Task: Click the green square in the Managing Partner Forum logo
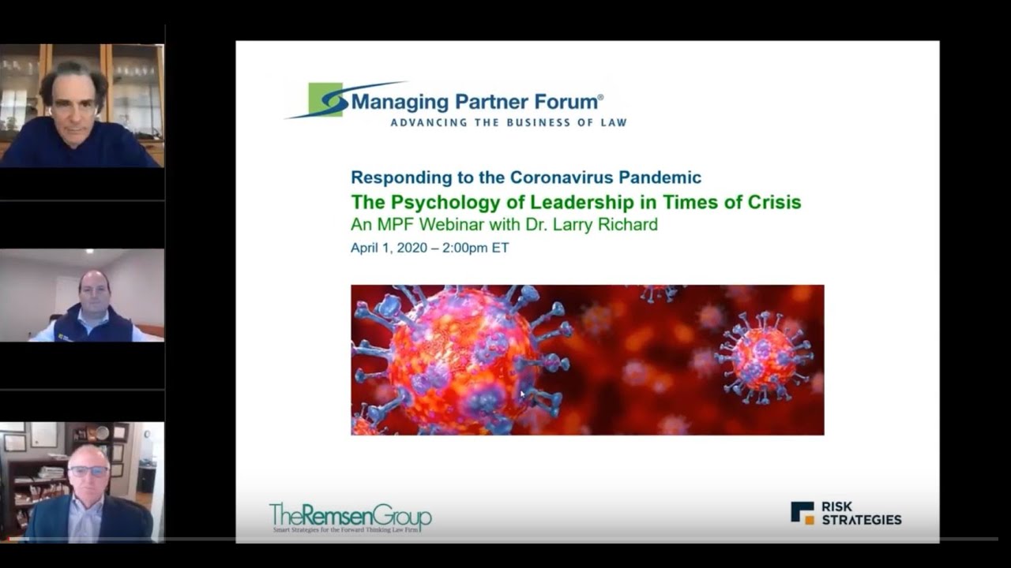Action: coord(325,99)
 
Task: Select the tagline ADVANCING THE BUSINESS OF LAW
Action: coord(509,122)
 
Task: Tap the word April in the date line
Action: coord(366,248)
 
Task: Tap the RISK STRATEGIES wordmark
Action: coord(861,513)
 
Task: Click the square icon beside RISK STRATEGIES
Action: coord(802,513)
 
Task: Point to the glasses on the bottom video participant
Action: coord(88,471)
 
